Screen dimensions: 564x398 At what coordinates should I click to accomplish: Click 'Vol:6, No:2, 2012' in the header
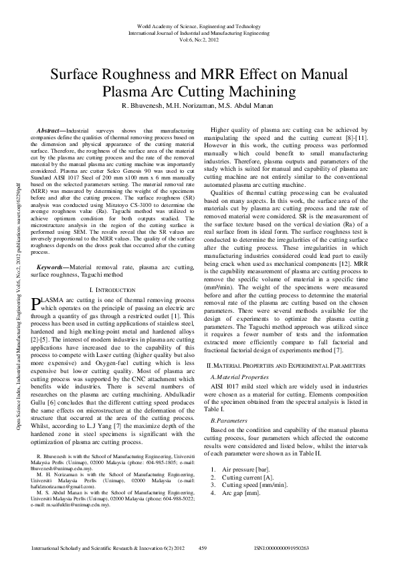(x=199, y=38)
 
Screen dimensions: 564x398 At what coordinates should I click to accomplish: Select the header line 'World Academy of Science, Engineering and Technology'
(x=199, y=25)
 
